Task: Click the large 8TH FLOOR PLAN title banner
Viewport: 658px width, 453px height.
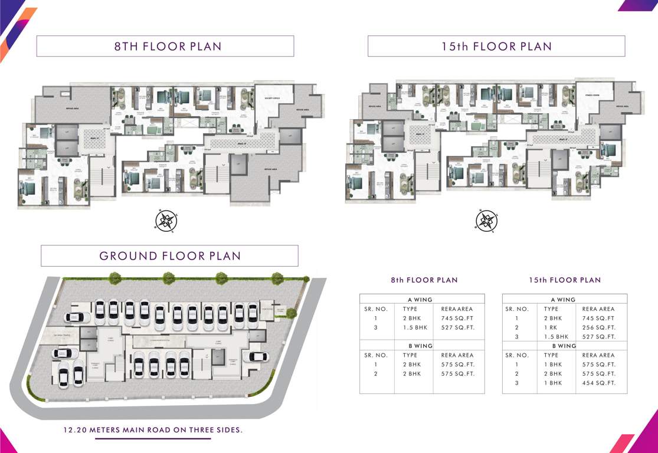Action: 165,47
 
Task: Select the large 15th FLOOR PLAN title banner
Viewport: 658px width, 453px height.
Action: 496,47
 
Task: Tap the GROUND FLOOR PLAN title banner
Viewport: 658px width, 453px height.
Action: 169,256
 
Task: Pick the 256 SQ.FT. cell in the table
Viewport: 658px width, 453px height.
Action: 598,327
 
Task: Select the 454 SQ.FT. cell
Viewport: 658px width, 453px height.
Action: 598,383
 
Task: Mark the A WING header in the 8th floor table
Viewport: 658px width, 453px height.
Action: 421,300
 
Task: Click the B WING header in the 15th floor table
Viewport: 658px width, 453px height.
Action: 564,346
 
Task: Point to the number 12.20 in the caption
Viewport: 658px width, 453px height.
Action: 77,430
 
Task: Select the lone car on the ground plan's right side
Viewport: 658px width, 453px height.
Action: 257,356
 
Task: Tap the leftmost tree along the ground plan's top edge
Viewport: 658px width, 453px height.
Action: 115,277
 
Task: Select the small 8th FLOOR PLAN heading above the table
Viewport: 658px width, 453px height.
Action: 424,280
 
